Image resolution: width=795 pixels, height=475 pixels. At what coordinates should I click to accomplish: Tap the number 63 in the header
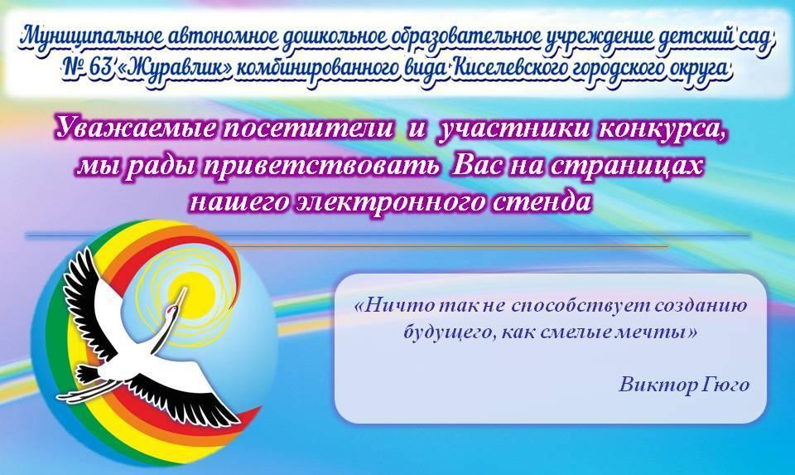(100, 67)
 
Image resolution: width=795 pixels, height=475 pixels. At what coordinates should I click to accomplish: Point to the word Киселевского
(508, 69)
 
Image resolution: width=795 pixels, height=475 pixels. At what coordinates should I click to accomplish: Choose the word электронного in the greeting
(388, 202)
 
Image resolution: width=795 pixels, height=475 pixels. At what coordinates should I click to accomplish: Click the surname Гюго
(726, 385)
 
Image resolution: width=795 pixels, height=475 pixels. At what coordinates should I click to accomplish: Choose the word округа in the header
(701, 69)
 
